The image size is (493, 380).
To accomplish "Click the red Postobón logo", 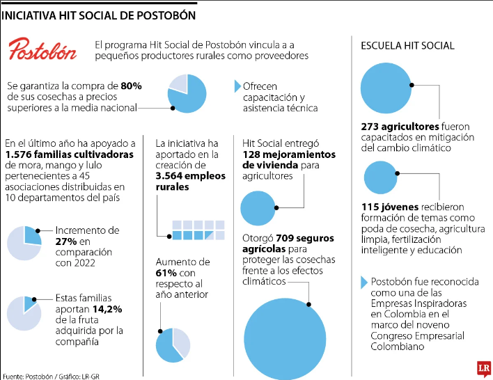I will (42, 49).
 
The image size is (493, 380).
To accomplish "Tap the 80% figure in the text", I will (131, 86).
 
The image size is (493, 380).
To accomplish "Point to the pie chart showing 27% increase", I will (24, 243).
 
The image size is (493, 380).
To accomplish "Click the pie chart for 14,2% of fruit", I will (24, 313).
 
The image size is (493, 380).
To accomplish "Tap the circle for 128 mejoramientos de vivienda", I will (258, 207).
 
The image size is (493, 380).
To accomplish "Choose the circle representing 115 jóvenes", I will (380, 177).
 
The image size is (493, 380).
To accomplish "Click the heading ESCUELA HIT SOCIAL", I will (407, 46).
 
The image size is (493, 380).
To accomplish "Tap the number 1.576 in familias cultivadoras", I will (22, 155).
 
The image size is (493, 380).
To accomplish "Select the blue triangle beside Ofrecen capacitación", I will (237, 86).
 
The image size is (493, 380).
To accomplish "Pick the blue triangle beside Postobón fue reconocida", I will (363, 283).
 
